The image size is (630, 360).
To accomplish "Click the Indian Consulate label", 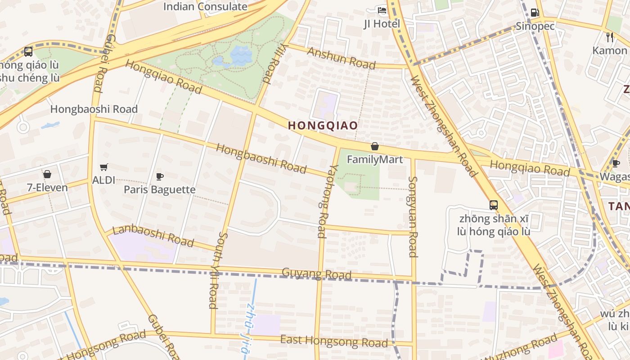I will (x=205, y=7).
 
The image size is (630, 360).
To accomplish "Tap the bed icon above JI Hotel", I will (x=382, y=10).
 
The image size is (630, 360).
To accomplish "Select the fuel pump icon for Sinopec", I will (x=535, y=13).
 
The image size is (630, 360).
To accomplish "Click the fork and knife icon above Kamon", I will (x=610, y=37).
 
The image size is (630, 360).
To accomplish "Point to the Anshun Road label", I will (x=341, y=58).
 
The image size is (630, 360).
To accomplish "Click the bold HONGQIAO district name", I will (x=323, y=126).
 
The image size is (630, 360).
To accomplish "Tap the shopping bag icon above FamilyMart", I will (x=374, y=147).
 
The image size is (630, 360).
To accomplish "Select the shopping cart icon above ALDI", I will (x=104, y=167).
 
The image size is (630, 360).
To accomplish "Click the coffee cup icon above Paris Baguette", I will (x=159, y=176).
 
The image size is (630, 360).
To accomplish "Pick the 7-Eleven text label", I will (x=47, y=188).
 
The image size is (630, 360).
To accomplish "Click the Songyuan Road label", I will (x=413, y=216).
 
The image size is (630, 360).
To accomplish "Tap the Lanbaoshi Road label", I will (x=153, y=236).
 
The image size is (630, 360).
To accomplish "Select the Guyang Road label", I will (x=316, y=273).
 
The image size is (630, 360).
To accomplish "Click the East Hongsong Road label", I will (x=333, y=341).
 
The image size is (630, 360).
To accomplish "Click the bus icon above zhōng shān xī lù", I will (x=494, y=205).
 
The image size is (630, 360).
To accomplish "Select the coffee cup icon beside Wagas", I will (x=616, y=163).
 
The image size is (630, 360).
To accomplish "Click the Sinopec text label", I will (x=535, y=26).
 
